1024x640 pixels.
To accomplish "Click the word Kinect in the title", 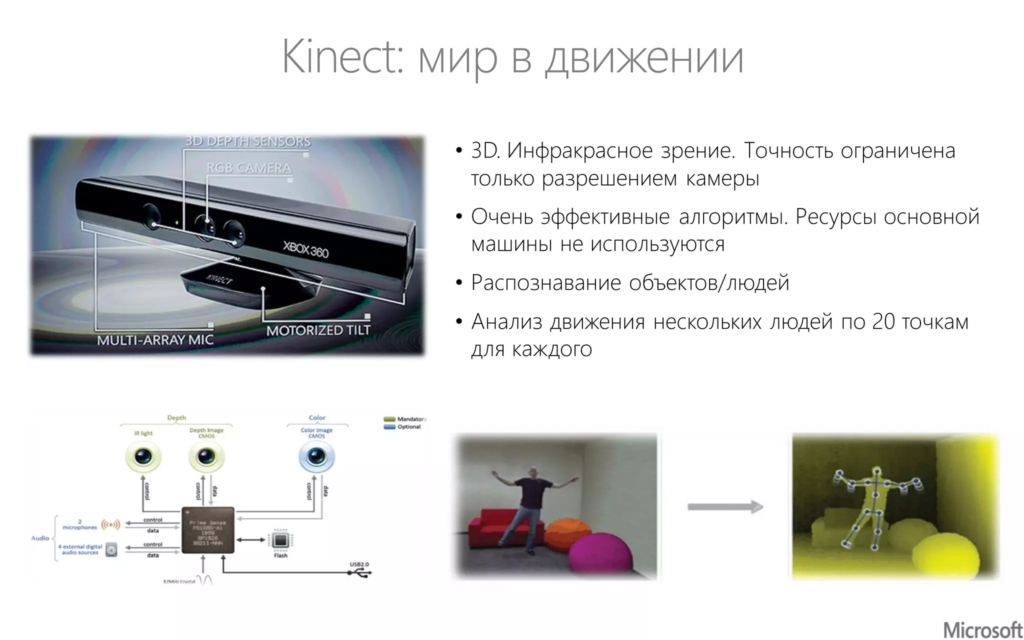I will coord(341,56).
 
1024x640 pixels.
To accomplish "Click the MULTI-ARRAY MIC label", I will coord(155,340).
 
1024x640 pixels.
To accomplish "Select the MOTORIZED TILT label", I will coord(318,330).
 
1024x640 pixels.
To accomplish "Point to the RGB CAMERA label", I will coord(248,168).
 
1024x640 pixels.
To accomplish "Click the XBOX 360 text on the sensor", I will coord(305,249).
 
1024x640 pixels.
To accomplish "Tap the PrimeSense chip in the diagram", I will coord(207,530).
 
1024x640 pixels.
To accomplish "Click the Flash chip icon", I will coord(280,540).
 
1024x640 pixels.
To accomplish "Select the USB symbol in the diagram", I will coord(359,573).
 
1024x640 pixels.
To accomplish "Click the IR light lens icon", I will coord(143,456).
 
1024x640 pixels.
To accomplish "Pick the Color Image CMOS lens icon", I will coord(316,456).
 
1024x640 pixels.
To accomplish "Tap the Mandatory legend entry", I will coord(405,419).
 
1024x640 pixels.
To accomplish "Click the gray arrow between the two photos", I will coord(724,507).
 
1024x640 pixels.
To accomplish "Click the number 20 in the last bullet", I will coord(883,322).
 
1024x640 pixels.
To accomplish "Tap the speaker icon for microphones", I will coord(110,525).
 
